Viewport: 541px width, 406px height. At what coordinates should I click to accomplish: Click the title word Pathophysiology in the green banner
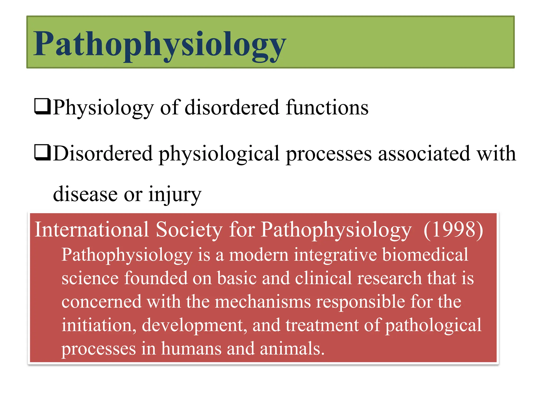[x=160, y=44]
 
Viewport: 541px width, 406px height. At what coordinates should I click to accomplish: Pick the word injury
[x=175, y=194]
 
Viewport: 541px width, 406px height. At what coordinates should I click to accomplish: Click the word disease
[x=85, y=194]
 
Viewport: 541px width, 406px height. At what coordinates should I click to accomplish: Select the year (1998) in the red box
[x=453, y=229]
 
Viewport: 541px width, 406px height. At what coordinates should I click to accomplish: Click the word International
[x=92, y=229]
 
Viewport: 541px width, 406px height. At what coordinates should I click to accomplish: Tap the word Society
[x=189, y=229]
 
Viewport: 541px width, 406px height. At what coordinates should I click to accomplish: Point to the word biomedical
[x=425, y=255]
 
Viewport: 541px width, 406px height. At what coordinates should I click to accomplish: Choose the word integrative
[x=335, y=255]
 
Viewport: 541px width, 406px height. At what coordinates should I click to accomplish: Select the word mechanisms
[x=263, y=302]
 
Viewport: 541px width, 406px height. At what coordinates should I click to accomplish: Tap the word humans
[x=191, y=348]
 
